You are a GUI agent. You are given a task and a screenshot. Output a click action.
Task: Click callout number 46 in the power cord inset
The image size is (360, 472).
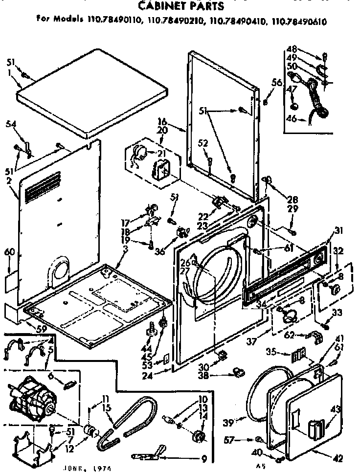(292, 118)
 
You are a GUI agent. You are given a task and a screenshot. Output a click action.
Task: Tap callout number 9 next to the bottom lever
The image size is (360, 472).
(204, 458)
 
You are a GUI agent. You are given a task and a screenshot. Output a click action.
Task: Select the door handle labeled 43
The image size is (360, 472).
(314, 429)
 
